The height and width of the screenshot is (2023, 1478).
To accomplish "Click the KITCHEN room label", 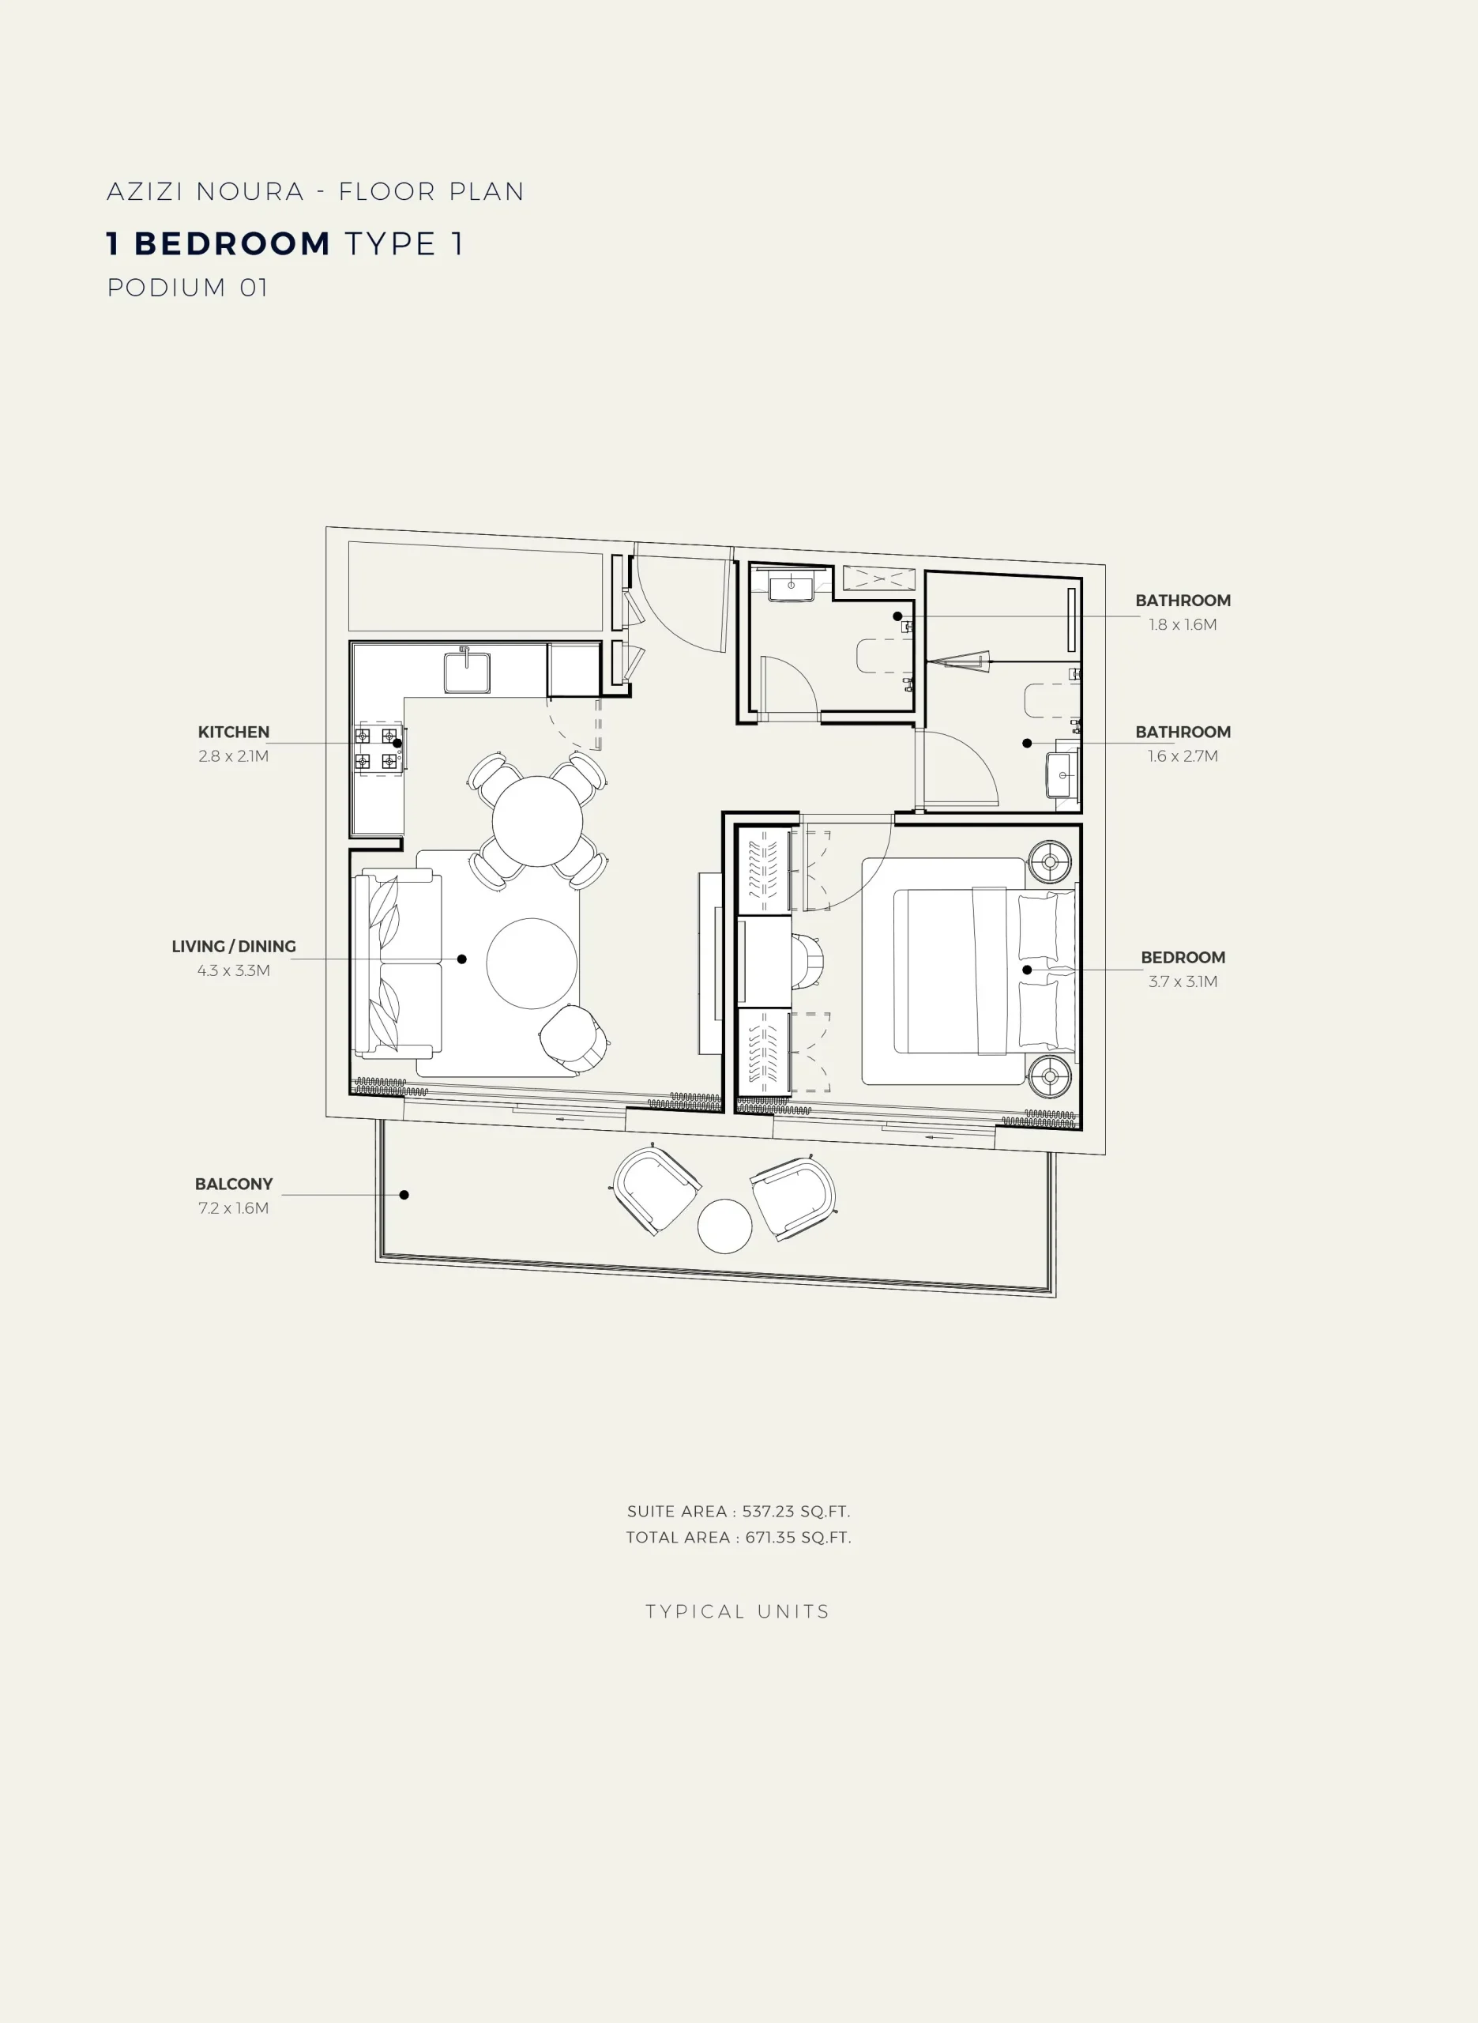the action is [234, 732].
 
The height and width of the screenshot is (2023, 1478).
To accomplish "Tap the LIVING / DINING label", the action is [234, 947].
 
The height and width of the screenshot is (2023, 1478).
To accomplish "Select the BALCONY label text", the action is [234, 1184].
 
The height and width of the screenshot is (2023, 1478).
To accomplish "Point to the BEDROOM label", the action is [1183, 957].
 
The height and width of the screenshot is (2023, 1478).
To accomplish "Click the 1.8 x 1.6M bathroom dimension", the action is [1183, 624].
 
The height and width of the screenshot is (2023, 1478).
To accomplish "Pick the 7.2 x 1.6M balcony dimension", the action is [234, 1208].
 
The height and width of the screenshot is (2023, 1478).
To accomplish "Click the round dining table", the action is [537, 821].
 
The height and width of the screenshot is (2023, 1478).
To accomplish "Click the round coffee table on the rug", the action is [532, 963].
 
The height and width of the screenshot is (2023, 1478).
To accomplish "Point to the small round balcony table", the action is [724, 1226].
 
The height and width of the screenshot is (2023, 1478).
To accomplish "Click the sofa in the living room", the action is [397, 963].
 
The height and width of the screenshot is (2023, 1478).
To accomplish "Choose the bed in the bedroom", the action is [984, 970].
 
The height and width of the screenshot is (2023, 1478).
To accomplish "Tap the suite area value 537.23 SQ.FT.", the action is [796, 1511].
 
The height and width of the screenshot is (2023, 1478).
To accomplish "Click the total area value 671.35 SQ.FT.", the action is [798, 1537].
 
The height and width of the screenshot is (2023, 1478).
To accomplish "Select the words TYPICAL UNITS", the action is [738, 1611].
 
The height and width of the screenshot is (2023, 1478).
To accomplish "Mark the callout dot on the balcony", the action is [404, 1195].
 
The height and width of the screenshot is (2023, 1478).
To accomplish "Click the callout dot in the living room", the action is [461, 959].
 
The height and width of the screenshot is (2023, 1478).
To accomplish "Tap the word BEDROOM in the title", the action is [232, 243].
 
